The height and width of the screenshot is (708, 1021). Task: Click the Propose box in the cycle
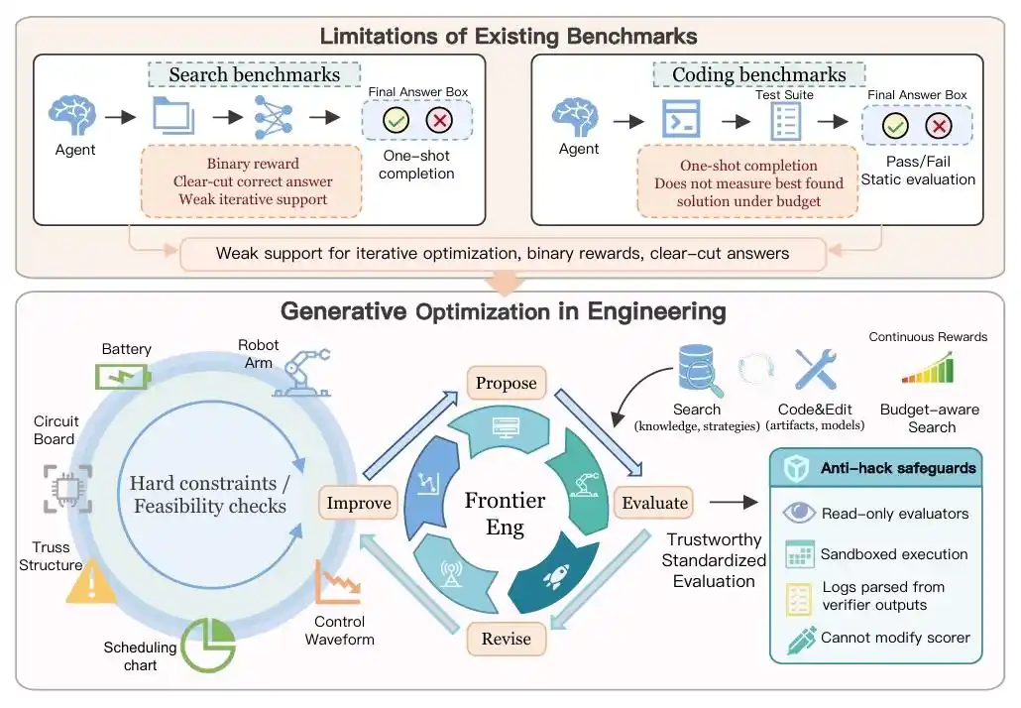[x=506, y=383]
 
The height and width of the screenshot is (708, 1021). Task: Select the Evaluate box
[x=654, y=503]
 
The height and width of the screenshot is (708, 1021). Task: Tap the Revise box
[x=506, y=639]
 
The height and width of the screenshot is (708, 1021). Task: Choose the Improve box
[x=358, y=503]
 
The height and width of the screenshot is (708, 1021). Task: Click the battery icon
[x=123, y=377]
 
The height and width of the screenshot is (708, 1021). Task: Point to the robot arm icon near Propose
[x=302, y=373]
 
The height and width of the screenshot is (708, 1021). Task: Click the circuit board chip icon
[x=67, y=489]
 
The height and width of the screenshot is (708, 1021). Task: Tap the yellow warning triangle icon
[x=91, y=581]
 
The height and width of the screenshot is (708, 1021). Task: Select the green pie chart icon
[x=208, y=645]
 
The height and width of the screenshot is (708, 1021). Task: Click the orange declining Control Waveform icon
[x=338, y=582]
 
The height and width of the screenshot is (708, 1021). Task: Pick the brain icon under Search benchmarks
[x=72, y=115]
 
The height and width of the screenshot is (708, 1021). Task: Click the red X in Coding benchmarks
[x=939, y=126]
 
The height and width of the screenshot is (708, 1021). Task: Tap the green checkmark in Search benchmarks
[x=396, y=121]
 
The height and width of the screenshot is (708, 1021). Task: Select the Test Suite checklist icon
[x=785, y=122]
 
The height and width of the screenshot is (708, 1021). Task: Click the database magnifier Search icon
[x=700, y=370]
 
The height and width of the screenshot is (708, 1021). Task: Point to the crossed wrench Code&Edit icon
[x=815, y=369]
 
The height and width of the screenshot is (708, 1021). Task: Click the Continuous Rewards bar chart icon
[x=928, y=367]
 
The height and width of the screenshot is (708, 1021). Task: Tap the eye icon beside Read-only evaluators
[x=798, y=513]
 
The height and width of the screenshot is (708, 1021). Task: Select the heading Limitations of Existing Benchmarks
[x=508, y=36]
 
